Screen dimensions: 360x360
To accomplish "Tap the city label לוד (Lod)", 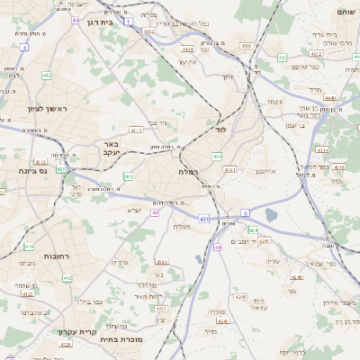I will point(220,130).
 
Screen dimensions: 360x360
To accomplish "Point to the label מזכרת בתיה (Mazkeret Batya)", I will point(122,340).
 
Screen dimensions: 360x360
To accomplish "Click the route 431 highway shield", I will point(204,218).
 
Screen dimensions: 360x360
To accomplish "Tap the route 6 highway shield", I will point(245,212).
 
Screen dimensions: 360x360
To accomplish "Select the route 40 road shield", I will point(155,212).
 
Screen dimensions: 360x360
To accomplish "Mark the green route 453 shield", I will point(282,58).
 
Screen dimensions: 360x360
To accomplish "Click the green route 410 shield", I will point(28,246).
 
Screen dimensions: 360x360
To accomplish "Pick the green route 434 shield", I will point(217,157).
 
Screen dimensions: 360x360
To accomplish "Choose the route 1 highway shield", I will point(129,20).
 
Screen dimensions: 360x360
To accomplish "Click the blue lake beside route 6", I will point(271,215).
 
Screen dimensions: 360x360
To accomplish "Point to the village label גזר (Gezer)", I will point(292,291).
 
